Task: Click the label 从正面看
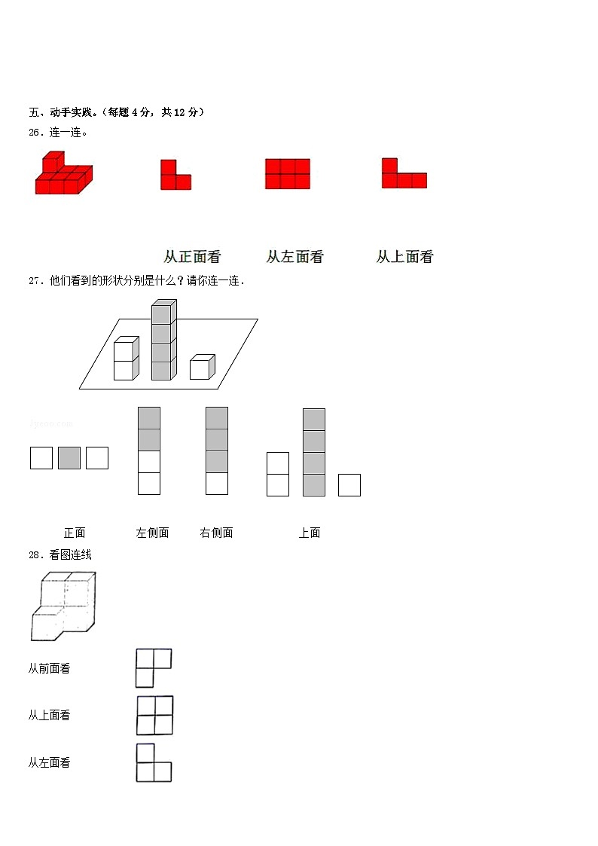pyautogui.click(x=192, y=257)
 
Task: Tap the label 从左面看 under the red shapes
pyautogui.click(x=294, y=257)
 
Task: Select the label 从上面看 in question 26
pyautogui.click(x=404, y=257)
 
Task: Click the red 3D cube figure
pyautogui.click(x=63, y=175)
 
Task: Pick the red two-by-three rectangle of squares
pyautogui.click(x=287, y=173)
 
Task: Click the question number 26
pyautogui.click(x=35, y=133)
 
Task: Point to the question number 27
pyautogui.click(x=35, y=281)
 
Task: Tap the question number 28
pyautogui.click(x=35, y=555)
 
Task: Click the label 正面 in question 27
pyautogui.click(x=75, y=533)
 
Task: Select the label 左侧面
pyautogui.click(x=152, y=533)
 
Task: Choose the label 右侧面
pyautogui.click(x=216, y=533)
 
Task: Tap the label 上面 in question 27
pyautogui.click(x=310, y=533)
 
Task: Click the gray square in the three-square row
pyautogui.click(x=69, y=458)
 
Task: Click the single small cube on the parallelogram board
pyautogui.click(x=202, y=367)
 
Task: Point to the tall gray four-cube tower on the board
pyautogui.click(x=163, y=340)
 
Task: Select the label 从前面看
pyautogui.click(x=49, y=669)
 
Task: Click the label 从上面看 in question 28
pyautogui.click(x=49, y=716)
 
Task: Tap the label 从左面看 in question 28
pyautogui.click(x=49, y=763)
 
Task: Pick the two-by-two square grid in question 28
pyautogui.click(x=155, y=715)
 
